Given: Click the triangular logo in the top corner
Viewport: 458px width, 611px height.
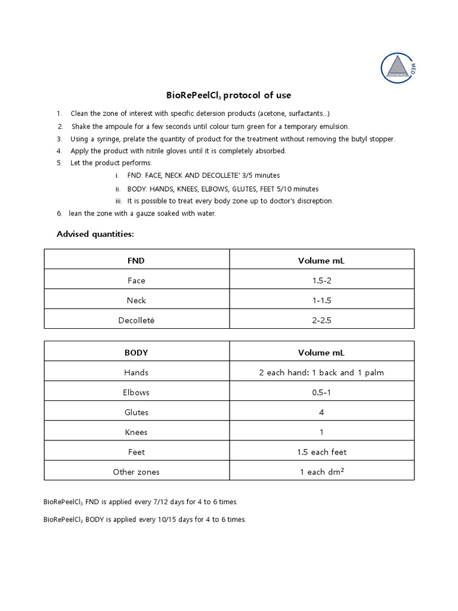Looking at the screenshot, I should pyautogui.click(x=398, y=67).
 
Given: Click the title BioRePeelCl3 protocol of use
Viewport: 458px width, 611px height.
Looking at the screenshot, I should pyautogui.click(x=228, y=95).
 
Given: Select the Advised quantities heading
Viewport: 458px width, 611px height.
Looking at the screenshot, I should pyautogui.click(x=95, y=234).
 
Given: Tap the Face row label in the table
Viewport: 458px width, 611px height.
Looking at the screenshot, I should pyautogui.click(x=137, y=280).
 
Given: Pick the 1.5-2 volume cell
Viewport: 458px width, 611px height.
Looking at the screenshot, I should pyautogui.click(x=321, y=280).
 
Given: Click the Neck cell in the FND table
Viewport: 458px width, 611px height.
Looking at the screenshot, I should pyautogui.click(x=137, y=300).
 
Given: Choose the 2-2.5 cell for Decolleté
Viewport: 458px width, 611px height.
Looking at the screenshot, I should pyautogui.click(x=321, y=320).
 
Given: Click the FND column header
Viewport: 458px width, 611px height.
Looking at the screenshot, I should pyautogui.click(x=137, y=261).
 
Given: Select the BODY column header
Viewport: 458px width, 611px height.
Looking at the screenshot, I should pyautogui.click(x=137, y=353).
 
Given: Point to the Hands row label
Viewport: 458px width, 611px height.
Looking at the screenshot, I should pyautogui.click(x=137, y=372).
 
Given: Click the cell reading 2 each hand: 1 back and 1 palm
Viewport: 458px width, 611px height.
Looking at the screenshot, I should pyautogui.click(x=321, y=372).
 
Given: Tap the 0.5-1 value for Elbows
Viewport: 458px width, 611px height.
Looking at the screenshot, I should pyautogui.click(x=321, y=393).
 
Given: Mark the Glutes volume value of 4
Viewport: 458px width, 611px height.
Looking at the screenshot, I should pyautogui.click(x=321, y=412).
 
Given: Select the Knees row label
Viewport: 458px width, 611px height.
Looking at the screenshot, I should pyautogui.click(x=137, y=432).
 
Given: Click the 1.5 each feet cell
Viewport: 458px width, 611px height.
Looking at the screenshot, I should pyautogui.click(x=321, y=452).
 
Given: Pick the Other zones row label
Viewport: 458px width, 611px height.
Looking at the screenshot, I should pyautogui.click(x=137, y=472).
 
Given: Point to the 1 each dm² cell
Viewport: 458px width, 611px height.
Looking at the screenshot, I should pyautogui.click(x=321, y=472).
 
